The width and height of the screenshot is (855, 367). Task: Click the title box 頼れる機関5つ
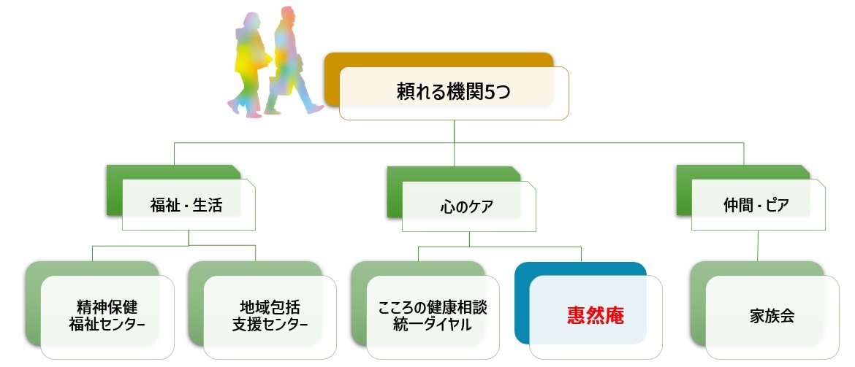[454, 93]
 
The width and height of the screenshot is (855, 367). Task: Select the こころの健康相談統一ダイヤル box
[433, 315]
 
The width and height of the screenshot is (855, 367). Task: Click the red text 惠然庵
[596, 317]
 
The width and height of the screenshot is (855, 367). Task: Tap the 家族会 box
[772, 317]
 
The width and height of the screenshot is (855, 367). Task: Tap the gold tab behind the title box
[438, 59]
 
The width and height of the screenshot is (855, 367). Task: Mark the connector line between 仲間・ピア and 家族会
[757, 245]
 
